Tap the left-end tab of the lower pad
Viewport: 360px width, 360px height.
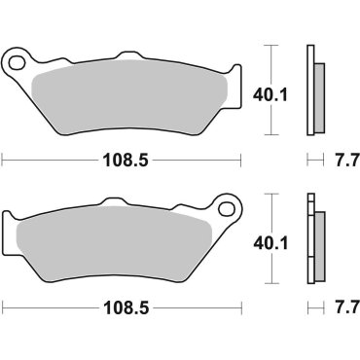[x=12, y=234]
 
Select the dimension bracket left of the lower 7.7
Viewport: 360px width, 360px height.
[x=312, y=308]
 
